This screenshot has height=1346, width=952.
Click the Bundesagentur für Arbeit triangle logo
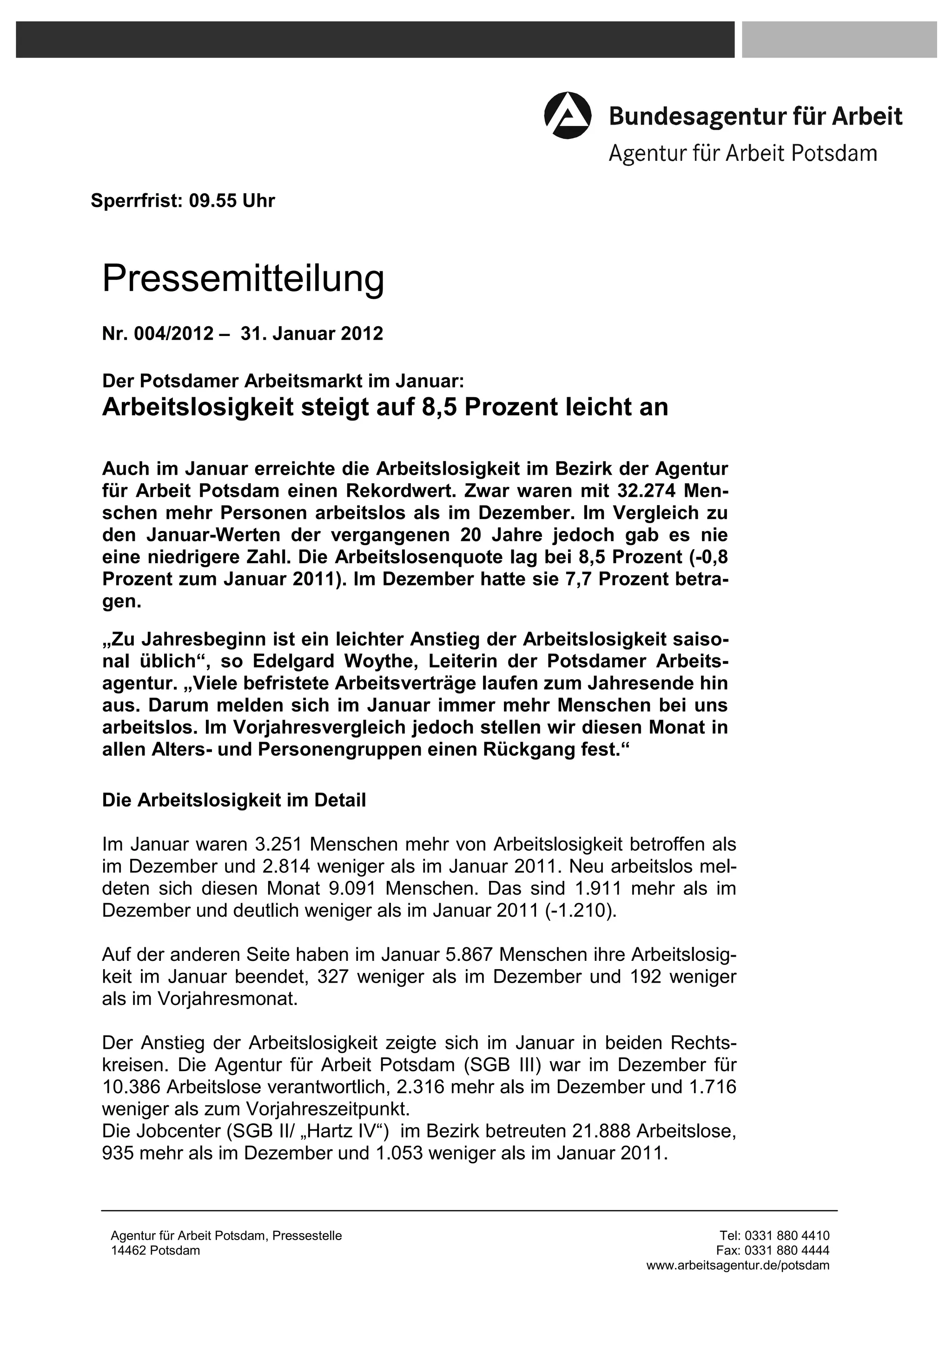(567, 116)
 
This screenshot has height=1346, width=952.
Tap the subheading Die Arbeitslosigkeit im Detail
(233, 800)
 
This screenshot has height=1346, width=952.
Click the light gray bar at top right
(839, 40)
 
